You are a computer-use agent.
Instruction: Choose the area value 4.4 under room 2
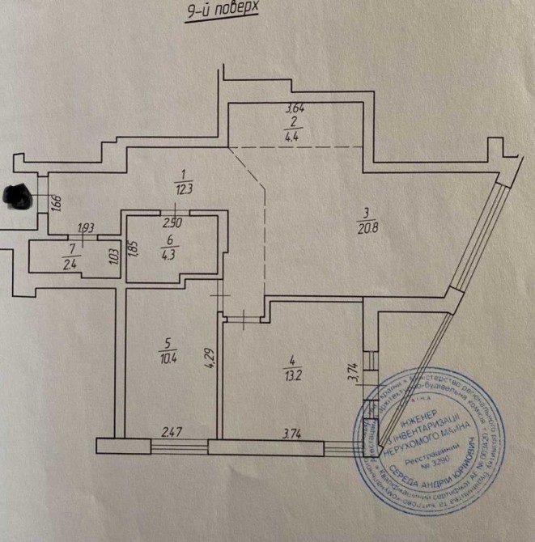[293, 136]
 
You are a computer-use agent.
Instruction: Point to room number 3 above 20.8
[366, 213]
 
